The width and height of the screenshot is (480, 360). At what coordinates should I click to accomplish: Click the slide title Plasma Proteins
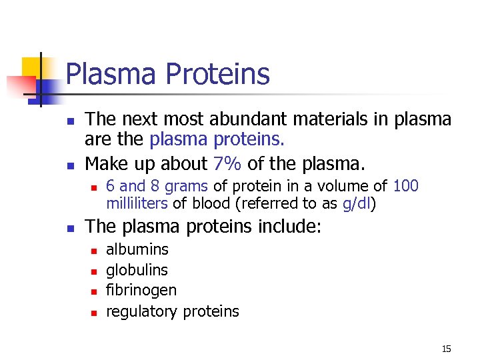click(x=168, y=74)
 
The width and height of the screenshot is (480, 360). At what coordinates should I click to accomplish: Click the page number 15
click(x=446, y=349)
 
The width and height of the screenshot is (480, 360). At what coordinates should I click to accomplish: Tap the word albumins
click(x=137, y=250)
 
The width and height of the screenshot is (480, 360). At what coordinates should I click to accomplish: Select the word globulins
click(x=137, y=270)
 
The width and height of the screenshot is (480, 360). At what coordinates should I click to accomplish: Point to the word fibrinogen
click(x=141, y=291)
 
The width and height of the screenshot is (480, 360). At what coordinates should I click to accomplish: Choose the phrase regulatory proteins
click(x=172, y=311)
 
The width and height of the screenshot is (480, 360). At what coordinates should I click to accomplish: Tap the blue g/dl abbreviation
click(x=356, y=203)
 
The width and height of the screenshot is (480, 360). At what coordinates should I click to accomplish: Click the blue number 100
click(x=406, y=186)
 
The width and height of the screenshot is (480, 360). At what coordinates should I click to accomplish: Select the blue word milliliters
click(x=137, y=203)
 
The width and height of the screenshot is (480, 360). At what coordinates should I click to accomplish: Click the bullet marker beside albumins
click(x=94, y=251)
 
